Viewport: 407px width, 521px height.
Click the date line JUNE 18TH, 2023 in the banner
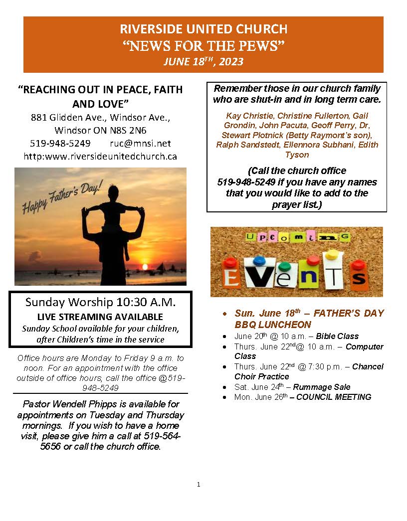pos(203,62)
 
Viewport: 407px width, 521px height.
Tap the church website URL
pos(100,156)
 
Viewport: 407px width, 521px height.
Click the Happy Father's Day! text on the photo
pos(62,198)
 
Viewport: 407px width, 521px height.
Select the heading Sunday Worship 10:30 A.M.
pos(100,302)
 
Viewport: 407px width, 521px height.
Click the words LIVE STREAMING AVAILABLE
pos(100,317)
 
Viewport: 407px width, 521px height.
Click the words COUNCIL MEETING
pos(334,397)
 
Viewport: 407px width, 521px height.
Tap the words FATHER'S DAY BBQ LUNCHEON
pos(309,319)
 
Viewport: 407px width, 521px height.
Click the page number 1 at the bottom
pos(199,484)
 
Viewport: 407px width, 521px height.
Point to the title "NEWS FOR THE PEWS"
pos(203,46)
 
